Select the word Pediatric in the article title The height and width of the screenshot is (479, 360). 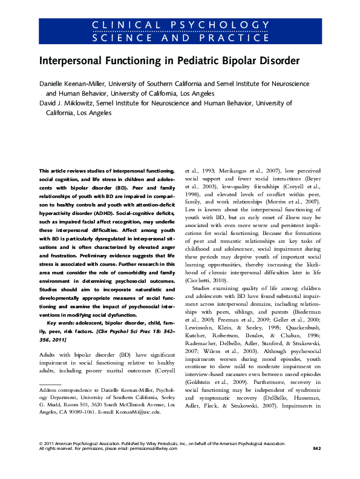point(179,62)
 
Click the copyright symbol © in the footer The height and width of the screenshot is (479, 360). point(40,460)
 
